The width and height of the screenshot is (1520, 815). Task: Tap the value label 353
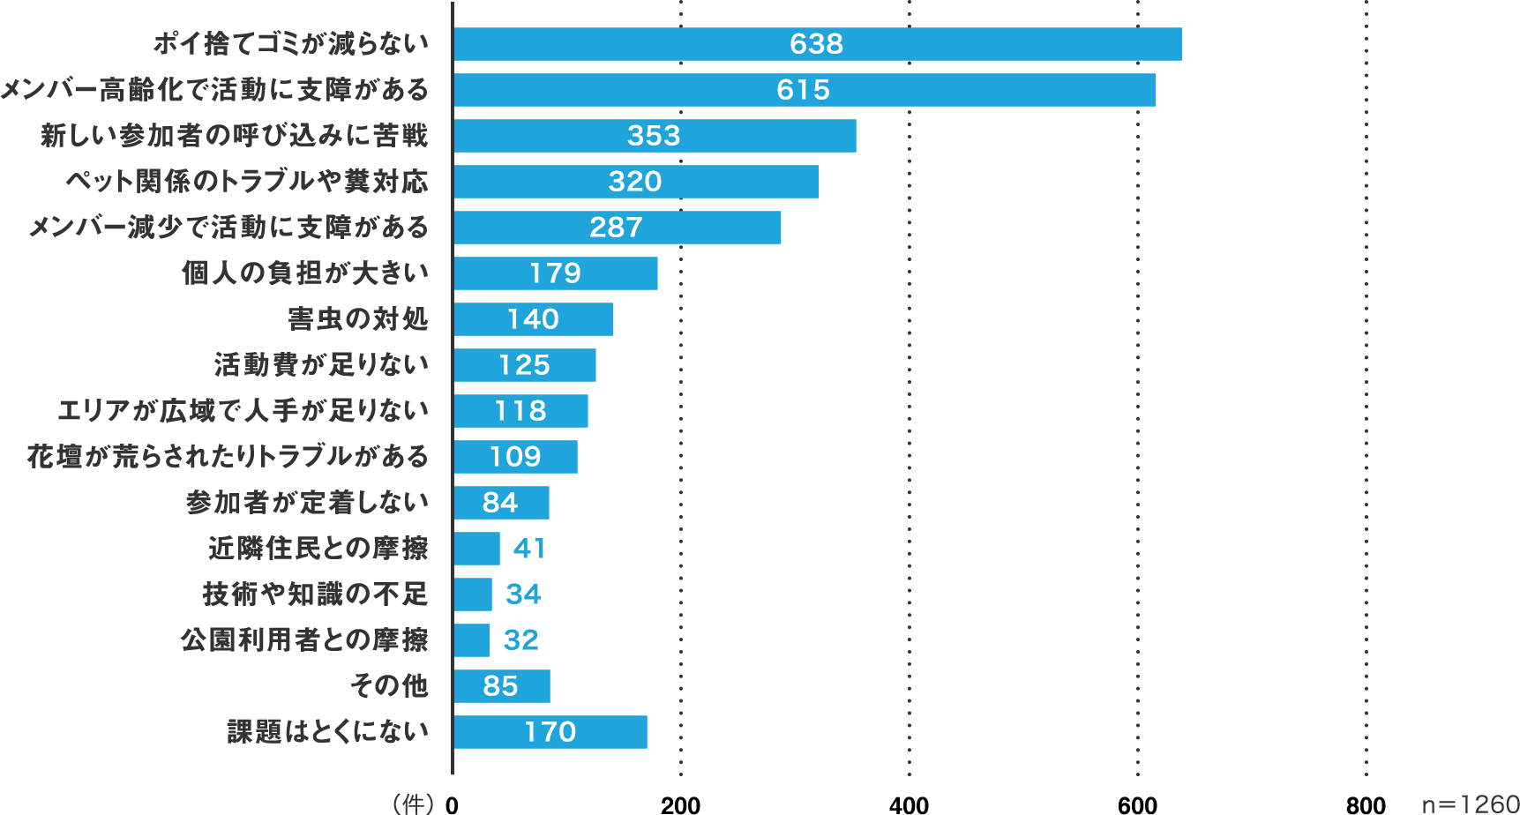point(654,136)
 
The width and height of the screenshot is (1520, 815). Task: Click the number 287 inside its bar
point(616,228)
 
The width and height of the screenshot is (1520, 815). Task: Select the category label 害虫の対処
point(358,319)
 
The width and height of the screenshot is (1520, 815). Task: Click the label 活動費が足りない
point(321,365)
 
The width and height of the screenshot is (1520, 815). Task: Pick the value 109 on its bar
point(515,457)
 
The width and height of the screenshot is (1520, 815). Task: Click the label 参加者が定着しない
point(307,503)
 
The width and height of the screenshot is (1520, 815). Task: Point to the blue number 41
point(529,549)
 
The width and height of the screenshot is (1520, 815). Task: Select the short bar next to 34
point(473,594)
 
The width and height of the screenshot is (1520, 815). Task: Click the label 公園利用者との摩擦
point(304,640)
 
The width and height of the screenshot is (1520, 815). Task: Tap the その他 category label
point(389,686)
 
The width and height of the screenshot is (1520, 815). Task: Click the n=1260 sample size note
point(1470,804)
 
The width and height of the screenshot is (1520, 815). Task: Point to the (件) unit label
point(413,803)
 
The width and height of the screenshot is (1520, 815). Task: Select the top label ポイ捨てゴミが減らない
point(291,44)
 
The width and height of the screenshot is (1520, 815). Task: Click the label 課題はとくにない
point(327,732)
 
